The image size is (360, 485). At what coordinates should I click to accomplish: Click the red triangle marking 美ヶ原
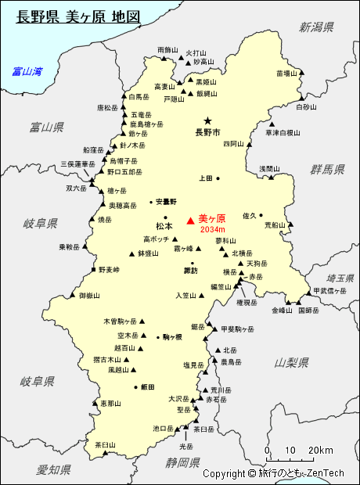pyautogui.click(x=190, y=221)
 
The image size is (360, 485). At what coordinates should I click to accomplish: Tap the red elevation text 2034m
pyautogui.click(x=212, y=230)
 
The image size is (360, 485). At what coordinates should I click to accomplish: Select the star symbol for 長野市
pyautogui.click(x=207, y=121)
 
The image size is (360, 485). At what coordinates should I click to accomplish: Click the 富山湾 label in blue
pyautogui.click(x=27, y=72)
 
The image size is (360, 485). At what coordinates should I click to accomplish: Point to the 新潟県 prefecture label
pyautogui.click(x=316, y=27)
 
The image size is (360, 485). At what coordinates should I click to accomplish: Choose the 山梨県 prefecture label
pyautogui.click(x=293, y=362)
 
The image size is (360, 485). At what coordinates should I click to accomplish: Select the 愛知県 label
pyautogui.click(x=53, y=469)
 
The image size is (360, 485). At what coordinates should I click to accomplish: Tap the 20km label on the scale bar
pyautogui.click(x=320, y=451)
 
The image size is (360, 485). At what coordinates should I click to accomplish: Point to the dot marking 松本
pyautogui.click(x=165, y=217)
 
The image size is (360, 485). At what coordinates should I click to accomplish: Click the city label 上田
pyautogui.click(x=205, y=178)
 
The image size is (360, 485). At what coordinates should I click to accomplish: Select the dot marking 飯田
pyautogui.click(x=135, y=386)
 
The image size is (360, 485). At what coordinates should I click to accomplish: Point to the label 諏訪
pyautogui.click(x=191, y=271)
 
